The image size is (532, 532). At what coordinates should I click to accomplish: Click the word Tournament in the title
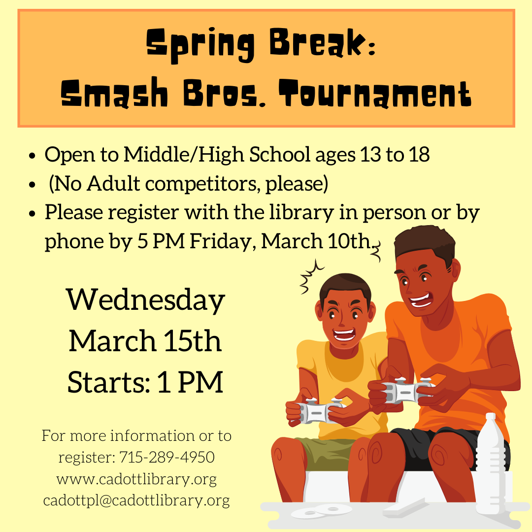pyautogui.click(x=375, y=93)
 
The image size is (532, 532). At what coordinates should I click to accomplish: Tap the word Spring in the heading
pyautogui.click(x=200, y=45)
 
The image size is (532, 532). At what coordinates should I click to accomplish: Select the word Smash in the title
pyautogui.click(x=114, y=92)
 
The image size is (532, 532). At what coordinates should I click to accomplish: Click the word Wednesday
pyautogui.click(x=145, y=300)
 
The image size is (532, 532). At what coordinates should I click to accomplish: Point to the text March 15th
pyautogui.click(x=145, y=341)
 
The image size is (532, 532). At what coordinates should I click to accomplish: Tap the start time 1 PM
pyautogui.click(x=190, y=382)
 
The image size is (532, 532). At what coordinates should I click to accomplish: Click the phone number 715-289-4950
pyautogui.click(x=167, y=457)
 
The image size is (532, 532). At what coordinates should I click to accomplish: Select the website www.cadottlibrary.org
pyautogui.click(x=136, y=479)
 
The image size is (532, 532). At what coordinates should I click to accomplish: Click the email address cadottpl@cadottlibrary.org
pyautogui.click(x=136, y=500)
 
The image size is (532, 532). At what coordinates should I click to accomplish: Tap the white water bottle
pyautogui.click(x=490, y=463)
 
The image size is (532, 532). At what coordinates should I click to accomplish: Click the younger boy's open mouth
pyautogui.click(x=344, y=335)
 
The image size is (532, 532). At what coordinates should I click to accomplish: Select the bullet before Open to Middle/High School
pyautogui.click(x=32, y=156)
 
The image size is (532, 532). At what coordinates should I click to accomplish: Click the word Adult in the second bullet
pyautogui.click(x=113, y=184)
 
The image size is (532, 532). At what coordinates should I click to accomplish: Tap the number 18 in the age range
pyautogui.click(x=419, y=154)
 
